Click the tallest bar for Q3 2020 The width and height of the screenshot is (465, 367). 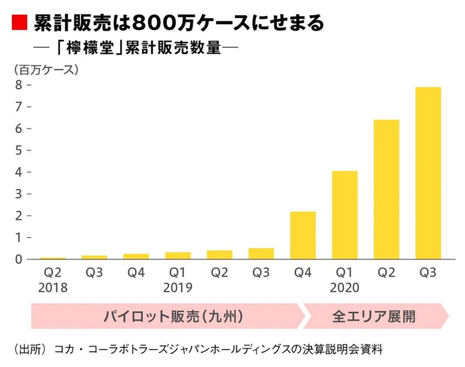pyautogui.click(x=428, y=173)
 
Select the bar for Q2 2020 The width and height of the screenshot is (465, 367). pyautogui.click(x=386, y=189)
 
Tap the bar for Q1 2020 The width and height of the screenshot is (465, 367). pyautogui.click(x=345, y=215)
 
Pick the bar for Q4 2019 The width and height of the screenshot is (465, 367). pyautogui.click(x=303, y=235)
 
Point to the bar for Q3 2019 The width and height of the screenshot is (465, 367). pyautogui.click(x=261, y=253)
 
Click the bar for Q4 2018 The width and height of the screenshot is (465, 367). pyautogui.click(x=136, y=256)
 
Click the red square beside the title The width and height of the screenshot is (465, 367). pyautogui.click(x=19, y=24)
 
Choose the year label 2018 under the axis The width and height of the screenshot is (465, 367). pyautogui.click(x=52, y=288)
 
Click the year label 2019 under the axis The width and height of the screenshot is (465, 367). pyautogui.click(x=177, y=288)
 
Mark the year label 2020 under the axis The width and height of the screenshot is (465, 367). pyautogui.click(x=344, y=288)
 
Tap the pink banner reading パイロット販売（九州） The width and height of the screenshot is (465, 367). pyautogui.click(x=166, y=316)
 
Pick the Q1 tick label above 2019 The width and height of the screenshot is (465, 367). pyautogui.click(x=177, y=273)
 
